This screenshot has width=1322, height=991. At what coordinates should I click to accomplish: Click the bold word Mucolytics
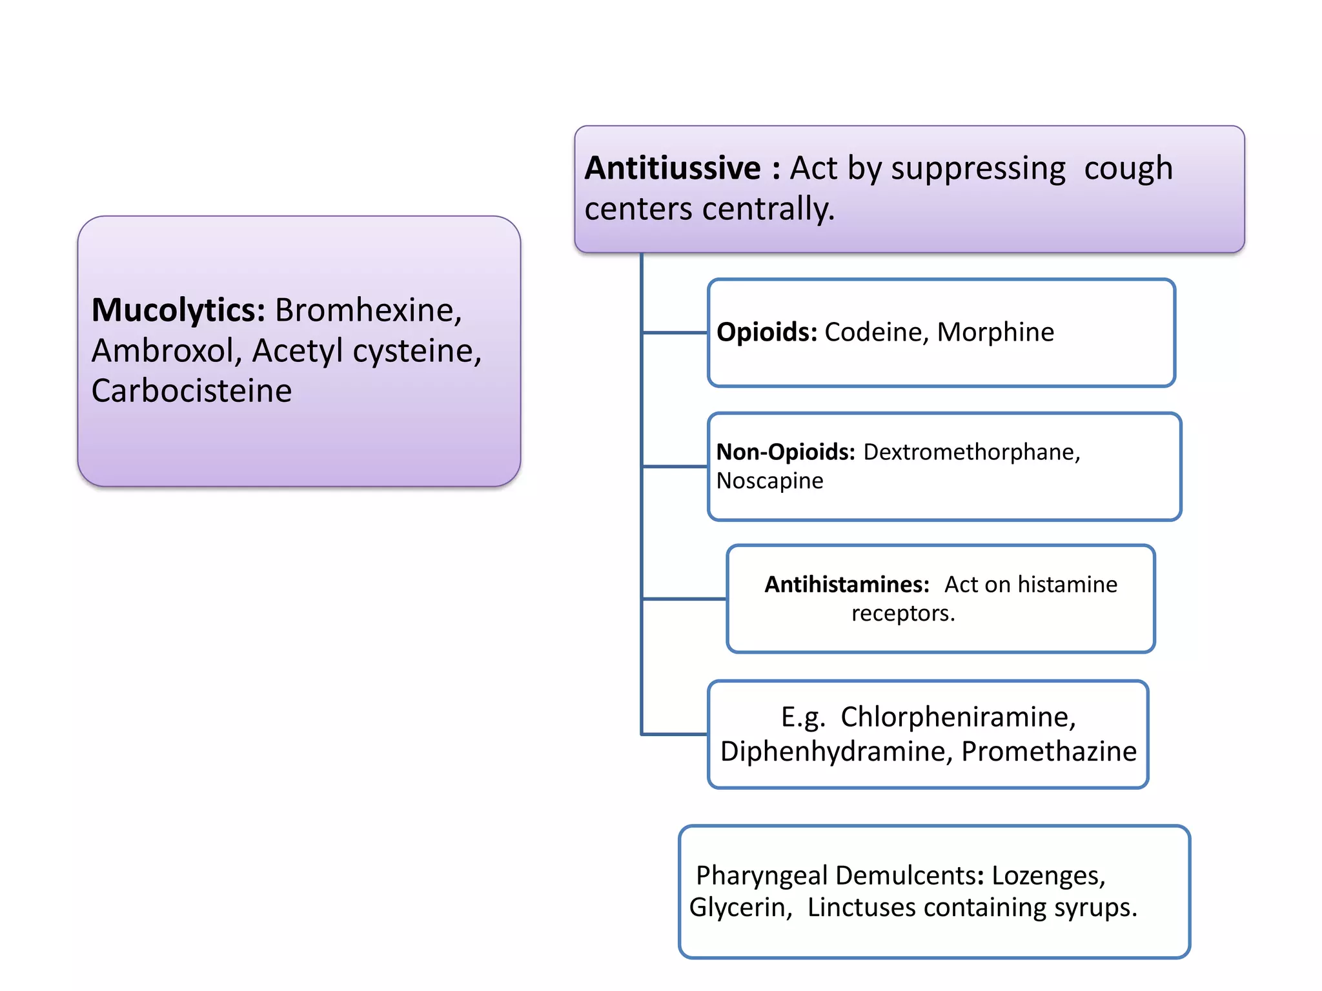[x=178, y=310]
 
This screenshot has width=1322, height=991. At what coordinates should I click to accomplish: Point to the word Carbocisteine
[x=192, y=391]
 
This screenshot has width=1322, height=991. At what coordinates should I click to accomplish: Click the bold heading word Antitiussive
[x=673, y=168]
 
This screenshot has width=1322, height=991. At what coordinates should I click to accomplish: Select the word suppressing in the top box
[x=978, y=169]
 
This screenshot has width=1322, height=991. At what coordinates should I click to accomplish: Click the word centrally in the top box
[x=768, y=209]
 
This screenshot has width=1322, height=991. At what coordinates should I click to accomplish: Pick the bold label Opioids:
[x=767, y=332]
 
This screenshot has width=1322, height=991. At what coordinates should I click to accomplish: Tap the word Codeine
[x=877, y=332]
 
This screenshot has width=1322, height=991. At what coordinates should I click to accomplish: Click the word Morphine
[x=995, y=332]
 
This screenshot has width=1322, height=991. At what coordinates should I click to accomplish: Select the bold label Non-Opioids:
[x=786, y=452]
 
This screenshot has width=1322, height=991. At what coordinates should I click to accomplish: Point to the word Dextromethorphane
[x=971, y=452]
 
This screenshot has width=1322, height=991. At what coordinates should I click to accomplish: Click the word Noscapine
[x=769, y=481]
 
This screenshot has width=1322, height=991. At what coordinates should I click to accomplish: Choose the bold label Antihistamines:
[x=847, y=584]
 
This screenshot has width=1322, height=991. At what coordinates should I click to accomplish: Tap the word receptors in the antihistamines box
[x=902, y=613]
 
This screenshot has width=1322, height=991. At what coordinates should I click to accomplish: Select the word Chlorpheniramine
[x=958, y=717]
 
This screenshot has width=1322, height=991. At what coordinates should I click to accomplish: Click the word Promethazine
[x=1049, y=752]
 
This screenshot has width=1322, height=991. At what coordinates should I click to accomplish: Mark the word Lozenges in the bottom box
[x=1048, y=876]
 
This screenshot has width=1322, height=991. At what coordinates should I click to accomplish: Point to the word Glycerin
[x=740, y=908]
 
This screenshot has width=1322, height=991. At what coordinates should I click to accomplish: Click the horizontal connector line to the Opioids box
[x=675, y=333]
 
